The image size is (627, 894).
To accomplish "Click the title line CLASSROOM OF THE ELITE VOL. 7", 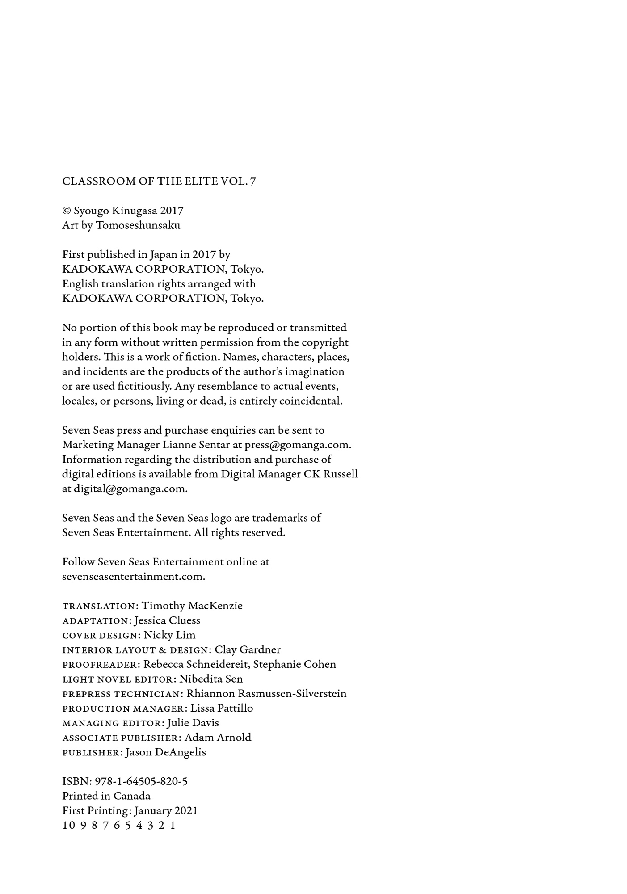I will coord(159,181).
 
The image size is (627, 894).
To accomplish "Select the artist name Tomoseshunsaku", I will coord(138,225).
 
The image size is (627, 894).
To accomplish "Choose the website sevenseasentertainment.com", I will coord(133,577).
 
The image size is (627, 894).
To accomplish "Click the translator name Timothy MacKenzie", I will coord(192,606).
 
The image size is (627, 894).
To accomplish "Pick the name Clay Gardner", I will coord(248,650).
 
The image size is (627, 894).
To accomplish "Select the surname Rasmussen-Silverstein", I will coord(292,694).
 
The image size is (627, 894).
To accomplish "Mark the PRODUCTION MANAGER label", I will coord(123,709).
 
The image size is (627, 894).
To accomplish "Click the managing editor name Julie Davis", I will coord(193,723).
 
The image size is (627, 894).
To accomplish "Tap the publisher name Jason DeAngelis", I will coord(166,753).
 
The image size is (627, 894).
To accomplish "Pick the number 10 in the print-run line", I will coord(68,826).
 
